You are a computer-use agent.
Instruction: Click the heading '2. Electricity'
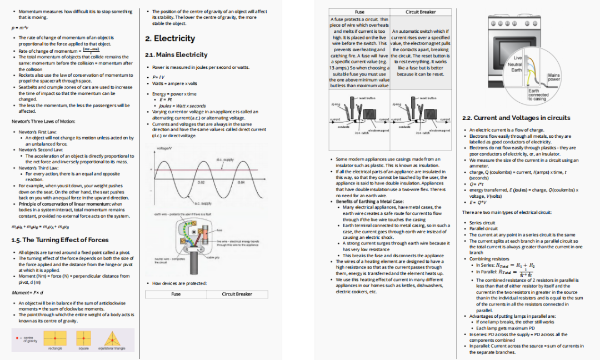(x=170, y=38)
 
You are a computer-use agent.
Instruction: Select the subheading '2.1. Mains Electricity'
(x=176, y=54)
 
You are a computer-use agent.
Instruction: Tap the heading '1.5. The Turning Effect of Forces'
(x=60, y=240)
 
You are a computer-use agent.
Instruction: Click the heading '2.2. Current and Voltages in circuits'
(x=516, y=118)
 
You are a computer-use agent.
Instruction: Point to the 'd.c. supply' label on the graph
(x=225, y=159)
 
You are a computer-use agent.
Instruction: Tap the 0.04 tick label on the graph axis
(x=241, y=182)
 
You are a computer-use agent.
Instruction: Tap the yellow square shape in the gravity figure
(x=84, y=338)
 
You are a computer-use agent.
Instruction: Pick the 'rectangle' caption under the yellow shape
(x=55, y=348)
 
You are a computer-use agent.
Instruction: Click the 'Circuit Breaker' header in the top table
(x=420, y=12)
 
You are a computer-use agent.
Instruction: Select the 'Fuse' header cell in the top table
(x=359, y=12)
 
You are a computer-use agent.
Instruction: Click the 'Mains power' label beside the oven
(x=553, y=77)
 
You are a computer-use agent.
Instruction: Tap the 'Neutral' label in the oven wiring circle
(x=515, y=64)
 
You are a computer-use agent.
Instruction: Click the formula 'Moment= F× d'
(x=28, y=292)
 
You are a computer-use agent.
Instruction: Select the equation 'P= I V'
(x=158, y=77)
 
